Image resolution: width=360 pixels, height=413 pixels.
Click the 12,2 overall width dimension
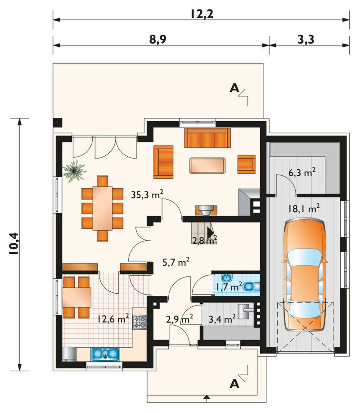coord(202,14)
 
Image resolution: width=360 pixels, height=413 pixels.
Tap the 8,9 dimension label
coord(158,40)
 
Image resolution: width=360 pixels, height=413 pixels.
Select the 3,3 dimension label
coord(306,40)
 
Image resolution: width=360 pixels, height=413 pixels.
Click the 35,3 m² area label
coord(147,195)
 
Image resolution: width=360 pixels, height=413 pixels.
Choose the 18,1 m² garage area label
coord(303,209)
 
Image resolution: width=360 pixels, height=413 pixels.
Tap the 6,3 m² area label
coord(302,173)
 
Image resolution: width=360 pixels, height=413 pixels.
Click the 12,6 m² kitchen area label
coord(113,319)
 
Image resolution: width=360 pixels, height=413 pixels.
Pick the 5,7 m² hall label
coord(176,262)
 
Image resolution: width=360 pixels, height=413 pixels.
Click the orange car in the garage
coord(305,274)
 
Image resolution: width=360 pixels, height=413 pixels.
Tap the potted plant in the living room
coord(74,171)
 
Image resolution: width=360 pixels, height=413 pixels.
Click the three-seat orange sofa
coord(207,138)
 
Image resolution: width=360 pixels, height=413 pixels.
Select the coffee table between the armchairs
coord(207,165)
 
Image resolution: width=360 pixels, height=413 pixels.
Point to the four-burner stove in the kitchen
coord(139,322)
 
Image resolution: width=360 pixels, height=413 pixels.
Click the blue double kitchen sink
coord(105,354)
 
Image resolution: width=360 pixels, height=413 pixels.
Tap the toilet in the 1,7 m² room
coord(251,286)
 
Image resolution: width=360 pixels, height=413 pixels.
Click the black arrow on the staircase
coord(211,233)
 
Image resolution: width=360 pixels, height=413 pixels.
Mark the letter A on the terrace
coord(234,88)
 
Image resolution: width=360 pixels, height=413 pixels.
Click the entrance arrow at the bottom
coord(207,397)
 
